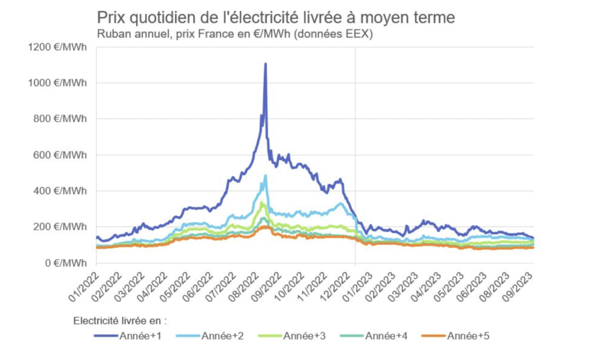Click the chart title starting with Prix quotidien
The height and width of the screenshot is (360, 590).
point(276,18)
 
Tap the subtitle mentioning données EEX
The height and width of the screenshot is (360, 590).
point(235,35)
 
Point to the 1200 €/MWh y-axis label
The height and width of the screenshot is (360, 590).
point(57,47)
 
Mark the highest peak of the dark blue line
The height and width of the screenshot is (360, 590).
point(266,63)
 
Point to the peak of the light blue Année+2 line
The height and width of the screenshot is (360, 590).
point(266,176)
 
